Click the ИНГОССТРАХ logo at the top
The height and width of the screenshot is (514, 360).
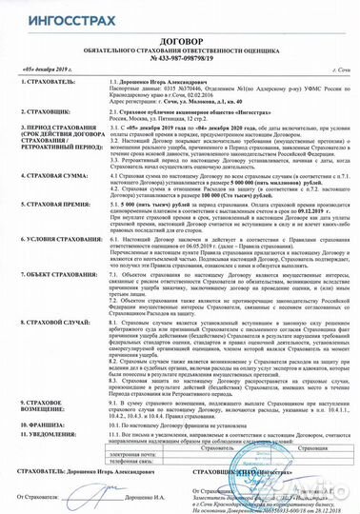(52, 15)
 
